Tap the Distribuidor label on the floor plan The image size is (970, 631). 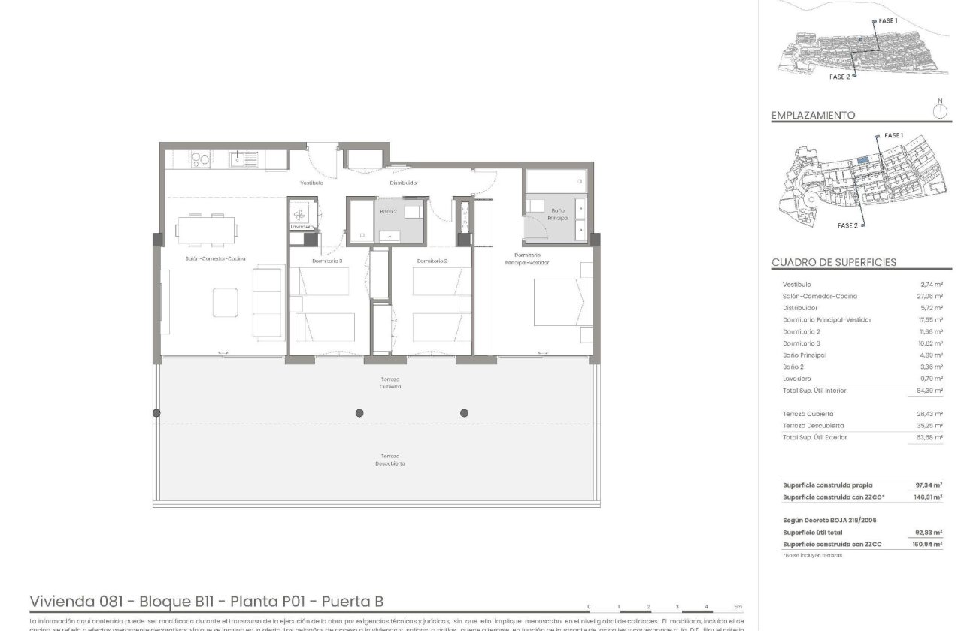tap(403, 183)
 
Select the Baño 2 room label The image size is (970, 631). tap(388, 212)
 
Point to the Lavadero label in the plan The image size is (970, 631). tap(302, 227)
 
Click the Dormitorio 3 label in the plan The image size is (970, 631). tap(327, 261)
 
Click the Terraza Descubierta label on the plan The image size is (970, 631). tap(390, 460)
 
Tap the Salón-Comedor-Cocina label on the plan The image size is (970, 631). tap(216, 258)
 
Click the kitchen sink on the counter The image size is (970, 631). tap(243, 159)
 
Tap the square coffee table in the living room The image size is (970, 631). tap(226, 303)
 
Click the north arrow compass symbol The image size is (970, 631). tap(939, 110)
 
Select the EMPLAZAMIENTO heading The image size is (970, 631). tap(813, 116)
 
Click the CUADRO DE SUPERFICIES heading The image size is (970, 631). tap(834, 262)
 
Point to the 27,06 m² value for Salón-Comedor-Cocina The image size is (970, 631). tap(931, 297)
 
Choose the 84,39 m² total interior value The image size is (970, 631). tap(931, 391)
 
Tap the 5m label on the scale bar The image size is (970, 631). tap(737, 606)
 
